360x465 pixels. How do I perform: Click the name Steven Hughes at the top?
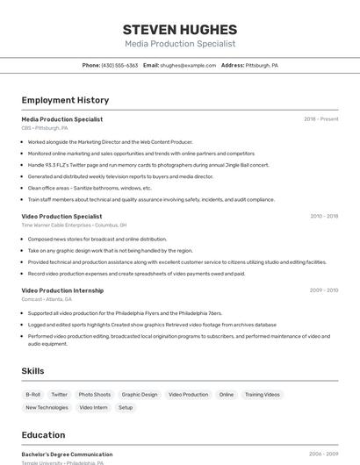(x=180, y=29)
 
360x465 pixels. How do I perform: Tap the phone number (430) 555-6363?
(x=119, y=66)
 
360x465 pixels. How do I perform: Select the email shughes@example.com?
(x=187, y=66)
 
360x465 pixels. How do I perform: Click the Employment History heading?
(x=65, y=101)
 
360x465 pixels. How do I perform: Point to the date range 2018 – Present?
(x=321, y=119)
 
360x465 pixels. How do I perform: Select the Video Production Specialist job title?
(x=61, y=216)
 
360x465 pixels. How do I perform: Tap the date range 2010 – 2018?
(x=324, y=216)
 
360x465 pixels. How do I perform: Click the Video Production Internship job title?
(x=62, y=290)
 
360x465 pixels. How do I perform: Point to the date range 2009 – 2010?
(x=324, y=290)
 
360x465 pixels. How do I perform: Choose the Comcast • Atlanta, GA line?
(x=47, y=299)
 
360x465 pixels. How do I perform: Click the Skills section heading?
(x=33, y=371)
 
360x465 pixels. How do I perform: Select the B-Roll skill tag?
(x=32, y=395)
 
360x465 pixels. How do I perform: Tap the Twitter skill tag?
(x=59, y=395)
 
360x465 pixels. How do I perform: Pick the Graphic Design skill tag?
(x=140, y=395)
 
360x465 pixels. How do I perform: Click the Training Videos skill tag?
(x=262, y=395)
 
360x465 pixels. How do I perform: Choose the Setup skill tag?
(x=126, y=408)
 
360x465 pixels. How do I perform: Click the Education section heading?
(x=43, y=435)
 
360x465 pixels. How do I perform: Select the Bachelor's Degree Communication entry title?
(x=67, y=454)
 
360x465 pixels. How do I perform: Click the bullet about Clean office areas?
(x=90, y=188)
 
